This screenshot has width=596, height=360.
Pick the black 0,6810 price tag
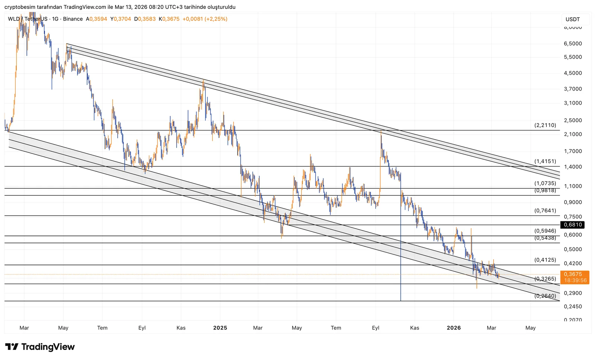(573, 225)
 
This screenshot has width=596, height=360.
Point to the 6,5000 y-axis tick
(573, 44)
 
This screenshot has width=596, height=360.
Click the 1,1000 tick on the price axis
(573, 186)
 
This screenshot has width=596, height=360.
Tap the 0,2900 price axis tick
(573, 293)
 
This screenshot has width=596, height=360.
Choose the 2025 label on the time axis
(220, 328)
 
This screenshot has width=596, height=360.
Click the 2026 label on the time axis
(453, 328)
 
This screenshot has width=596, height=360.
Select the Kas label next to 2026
(414, 328)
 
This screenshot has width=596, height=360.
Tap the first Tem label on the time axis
(102, 328)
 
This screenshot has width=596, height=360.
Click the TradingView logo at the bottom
(40, 347)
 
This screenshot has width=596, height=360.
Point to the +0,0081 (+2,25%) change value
(205, 19)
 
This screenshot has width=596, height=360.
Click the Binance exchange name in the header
(73, 19)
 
